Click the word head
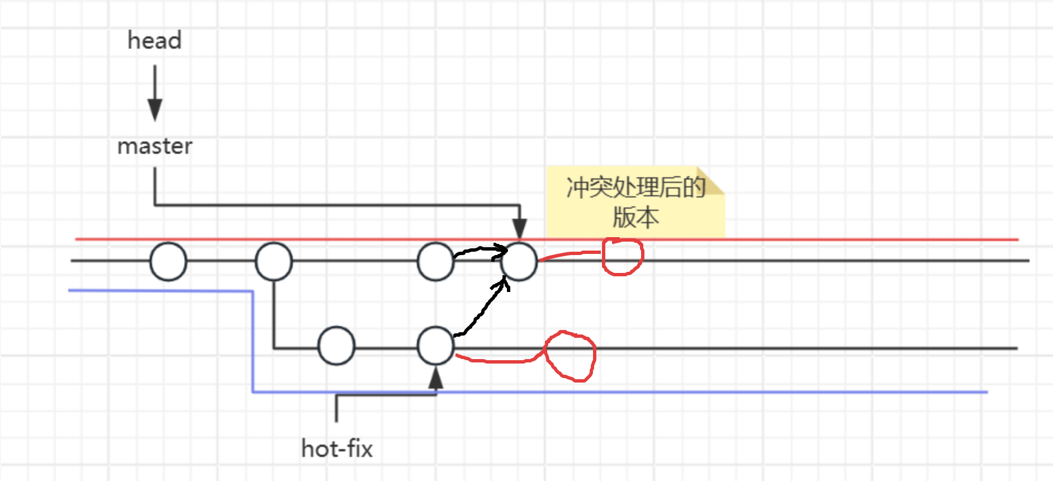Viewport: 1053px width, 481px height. click(154, 41)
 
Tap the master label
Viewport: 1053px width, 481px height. click(155, 147)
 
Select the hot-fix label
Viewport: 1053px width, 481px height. click(336, 449)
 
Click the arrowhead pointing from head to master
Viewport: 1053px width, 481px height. click(155, 109)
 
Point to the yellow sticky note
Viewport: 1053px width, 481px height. click(635, 202)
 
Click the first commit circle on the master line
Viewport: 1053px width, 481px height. click(168, 261)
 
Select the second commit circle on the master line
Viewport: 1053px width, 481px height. click(273, 261)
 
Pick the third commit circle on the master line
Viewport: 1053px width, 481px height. click(435, 261)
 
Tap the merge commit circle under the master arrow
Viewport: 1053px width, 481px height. click(519, 261)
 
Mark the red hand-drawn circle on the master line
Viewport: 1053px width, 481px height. click(623, 257)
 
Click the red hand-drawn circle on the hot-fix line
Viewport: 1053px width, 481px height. click(570, 356)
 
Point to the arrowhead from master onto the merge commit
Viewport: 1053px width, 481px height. click(519, 229)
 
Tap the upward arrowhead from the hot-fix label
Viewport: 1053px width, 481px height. click(435, 379)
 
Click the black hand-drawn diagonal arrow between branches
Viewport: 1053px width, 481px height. click(481, 310)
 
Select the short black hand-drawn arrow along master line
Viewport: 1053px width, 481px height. click(481, 250)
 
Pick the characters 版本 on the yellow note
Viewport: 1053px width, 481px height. click(635, 217)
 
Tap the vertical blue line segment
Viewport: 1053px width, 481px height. click(253, 341)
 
